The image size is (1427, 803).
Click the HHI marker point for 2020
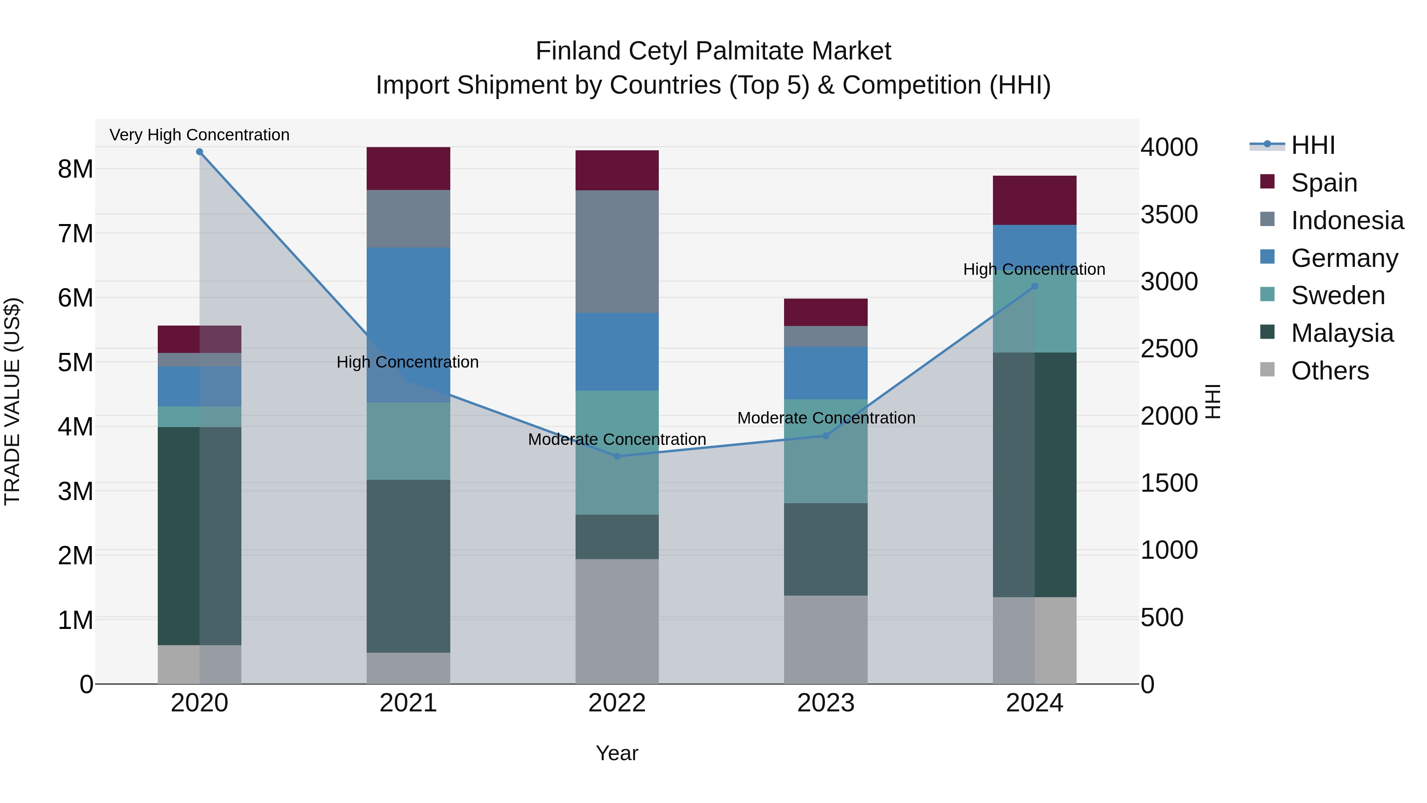pyautogui.click(x=199, y=152)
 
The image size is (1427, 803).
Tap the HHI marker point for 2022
pyautogui.click(x=617, y=456)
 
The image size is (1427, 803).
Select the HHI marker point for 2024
pyautogui.click(x=1034, y=287)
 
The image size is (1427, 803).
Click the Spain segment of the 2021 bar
pyautogui.click(x=408, y=169)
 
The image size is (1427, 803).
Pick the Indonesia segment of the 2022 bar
pyautogui.click(x=617, y=251)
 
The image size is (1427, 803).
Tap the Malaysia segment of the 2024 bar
pyautogui.click(x=1034, y=474)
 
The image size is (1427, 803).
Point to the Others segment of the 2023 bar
pyautogui.click(x=825, y=640)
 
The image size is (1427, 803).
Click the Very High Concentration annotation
pyautogui.click(x=199, y=135)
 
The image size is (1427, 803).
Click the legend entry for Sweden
pyautogui.click(x=1337, y=295)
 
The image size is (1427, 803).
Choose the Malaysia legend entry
pyautogui.click(x=1342, y=333)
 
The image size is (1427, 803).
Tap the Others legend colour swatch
pyautogui.click(x=1267, y=370)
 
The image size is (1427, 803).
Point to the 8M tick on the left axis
pyautogui.click(x=75, y=169)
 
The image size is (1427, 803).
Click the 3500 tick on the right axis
pyautogui.click(x=1169, y=215)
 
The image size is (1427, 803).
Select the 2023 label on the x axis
pyautogui.click(x=825, y=703)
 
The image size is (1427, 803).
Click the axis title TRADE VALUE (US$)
pyautogui.click(x=12, y=401)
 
